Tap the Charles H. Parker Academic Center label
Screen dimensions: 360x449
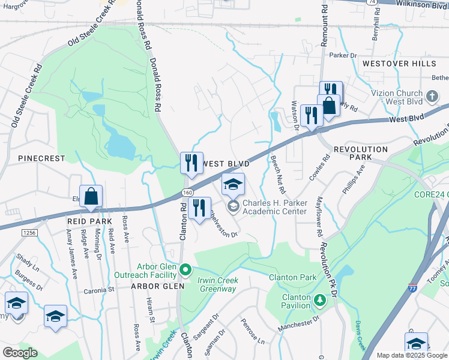[275, 207]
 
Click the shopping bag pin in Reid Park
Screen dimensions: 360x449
[91, 197]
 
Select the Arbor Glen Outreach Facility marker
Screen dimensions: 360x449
[186, 269]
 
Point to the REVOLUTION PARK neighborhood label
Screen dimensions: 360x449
[361, 153]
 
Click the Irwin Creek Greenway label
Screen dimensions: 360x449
[218, 284]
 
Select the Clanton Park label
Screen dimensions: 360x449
[292, 277]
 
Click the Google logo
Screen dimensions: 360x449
[20, 353]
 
